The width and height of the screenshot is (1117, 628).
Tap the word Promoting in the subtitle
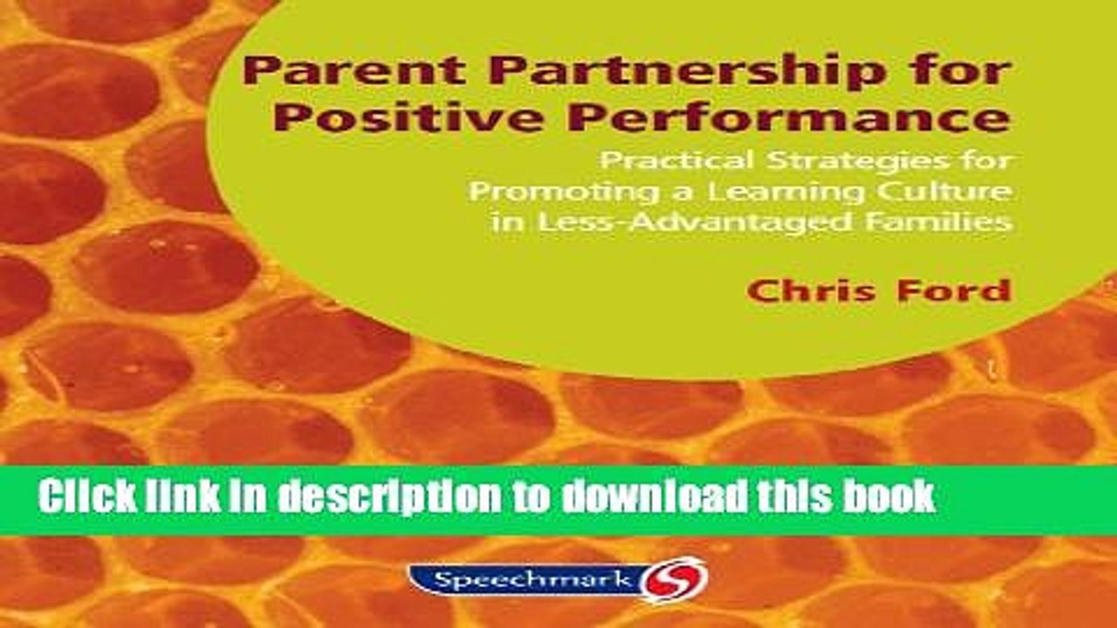point(541,192)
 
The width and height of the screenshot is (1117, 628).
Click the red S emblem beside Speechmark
point(675,578)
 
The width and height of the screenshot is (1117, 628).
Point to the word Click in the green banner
point(87,497)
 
